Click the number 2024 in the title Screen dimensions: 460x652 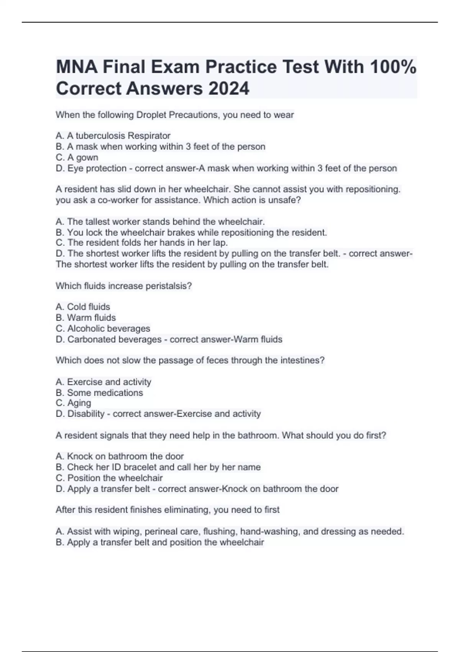tap(229, 89)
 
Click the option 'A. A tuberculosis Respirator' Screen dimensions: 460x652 tap(113, 136)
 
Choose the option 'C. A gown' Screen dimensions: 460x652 tap(77, 157)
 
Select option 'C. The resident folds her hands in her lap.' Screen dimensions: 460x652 tap(142, 243)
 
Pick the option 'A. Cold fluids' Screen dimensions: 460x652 tap(83, 307)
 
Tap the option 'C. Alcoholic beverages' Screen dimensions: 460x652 tap(103, 328)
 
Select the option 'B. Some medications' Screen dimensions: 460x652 tap(99, 393)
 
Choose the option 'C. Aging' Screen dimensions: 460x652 tap(74, 403)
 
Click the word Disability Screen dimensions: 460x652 tap(86, 414)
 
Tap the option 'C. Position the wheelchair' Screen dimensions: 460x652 tap(109, 478)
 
